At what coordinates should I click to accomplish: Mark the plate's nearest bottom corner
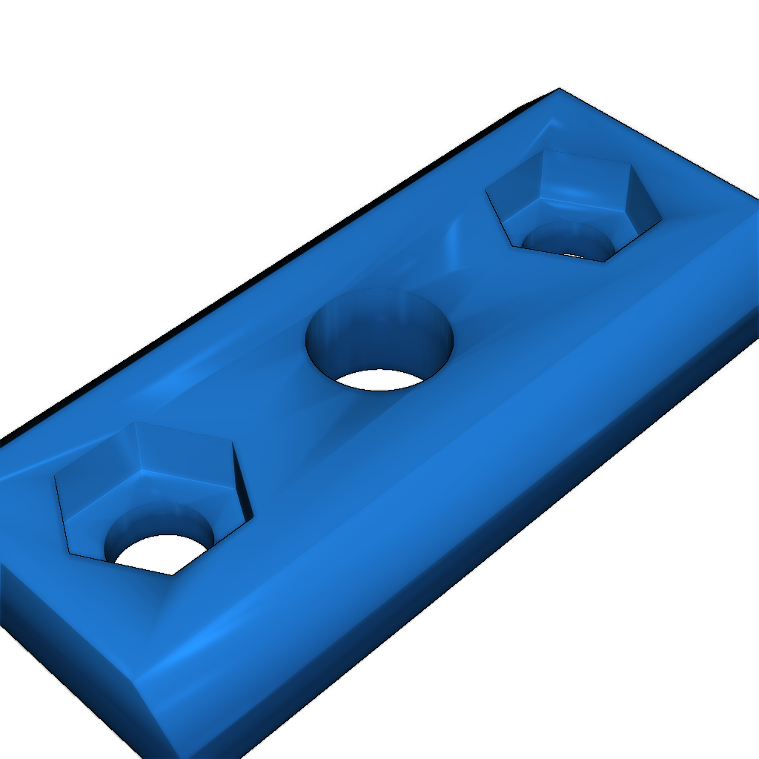[178, 756]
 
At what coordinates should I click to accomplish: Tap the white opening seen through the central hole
[379, 379]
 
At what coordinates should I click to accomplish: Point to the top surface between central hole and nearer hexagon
[274, 415]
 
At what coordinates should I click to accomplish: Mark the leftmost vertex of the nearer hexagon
[56, 479]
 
